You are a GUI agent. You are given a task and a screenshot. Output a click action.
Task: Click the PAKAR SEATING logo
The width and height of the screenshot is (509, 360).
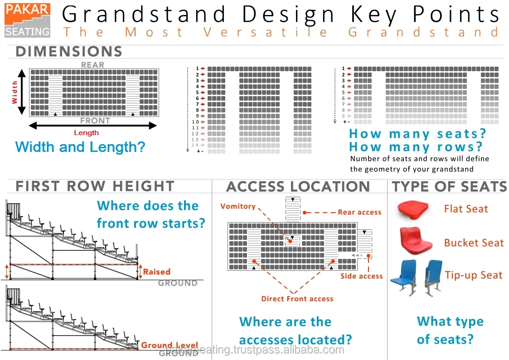point(27,20)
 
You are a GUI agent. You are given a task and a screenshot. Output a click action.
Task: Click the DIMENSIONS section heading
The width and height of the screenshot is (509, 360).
point(69,52)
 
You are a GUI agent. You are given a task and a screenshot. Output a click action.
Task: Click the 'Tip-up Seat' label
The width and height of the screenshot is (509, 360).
point(474,275)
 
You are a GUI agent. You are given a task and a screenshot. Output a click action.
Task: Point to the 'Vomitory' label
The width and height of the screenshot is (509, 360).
point(238,206)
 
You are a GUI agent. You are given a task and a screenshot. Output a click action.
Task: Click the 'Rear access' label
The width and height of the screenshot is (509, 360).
point(359,212)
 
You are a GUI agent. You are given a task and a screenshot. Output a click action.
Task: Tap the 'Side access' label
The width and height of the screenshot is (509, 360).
point(361,276)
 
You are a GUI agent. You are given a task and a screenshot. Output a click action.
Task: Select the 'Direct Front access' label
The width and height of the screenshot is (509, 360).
point(297,299)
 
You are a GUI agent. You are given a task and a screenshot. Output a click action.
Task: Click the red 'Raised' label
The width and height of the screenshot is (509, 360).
point(157,272)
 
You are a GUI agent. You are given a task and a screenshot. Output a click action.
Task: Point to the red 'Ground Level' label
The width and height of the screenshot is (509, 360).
point(163,345)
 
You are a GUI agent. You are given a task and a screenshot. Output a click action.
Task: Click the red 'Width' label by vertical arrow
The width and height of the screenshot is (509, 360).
point(15,92)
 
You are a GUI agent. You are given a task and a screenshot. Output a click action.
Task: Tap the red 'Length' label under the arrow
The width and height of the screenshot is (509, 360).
point(86,133)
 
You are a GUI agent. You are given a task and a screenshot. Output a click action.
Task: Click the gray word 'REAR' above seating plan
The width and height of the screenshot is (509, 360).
point(92,65)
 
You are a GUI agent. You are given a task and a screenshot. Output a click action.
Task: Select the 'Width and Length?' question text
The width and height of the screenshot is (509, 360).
point(80,147)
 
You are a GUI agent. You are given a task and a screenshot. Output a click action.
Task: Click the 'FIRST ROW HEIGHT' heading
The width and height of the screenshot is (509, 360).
point(95,186)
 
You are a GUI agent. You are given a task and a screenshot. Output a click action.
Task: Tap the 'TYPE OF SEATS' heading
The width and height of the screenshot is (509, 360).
point(449,186)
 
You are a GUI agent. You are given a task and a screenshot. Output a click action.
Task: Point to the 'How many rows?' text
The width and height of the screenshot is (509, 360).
point(416,147)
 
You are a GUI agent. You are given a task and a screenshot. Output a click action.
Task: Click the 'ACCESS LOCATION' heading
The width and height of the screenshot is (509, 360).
point(298,186)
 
